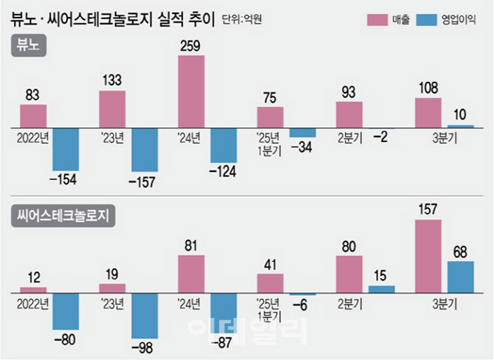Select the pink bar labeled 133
[112, 109]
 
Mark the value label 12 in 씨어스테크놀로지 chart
[33, 277]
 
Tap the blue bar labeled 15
[381, 289]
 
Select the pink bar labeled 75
[270, 117]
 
